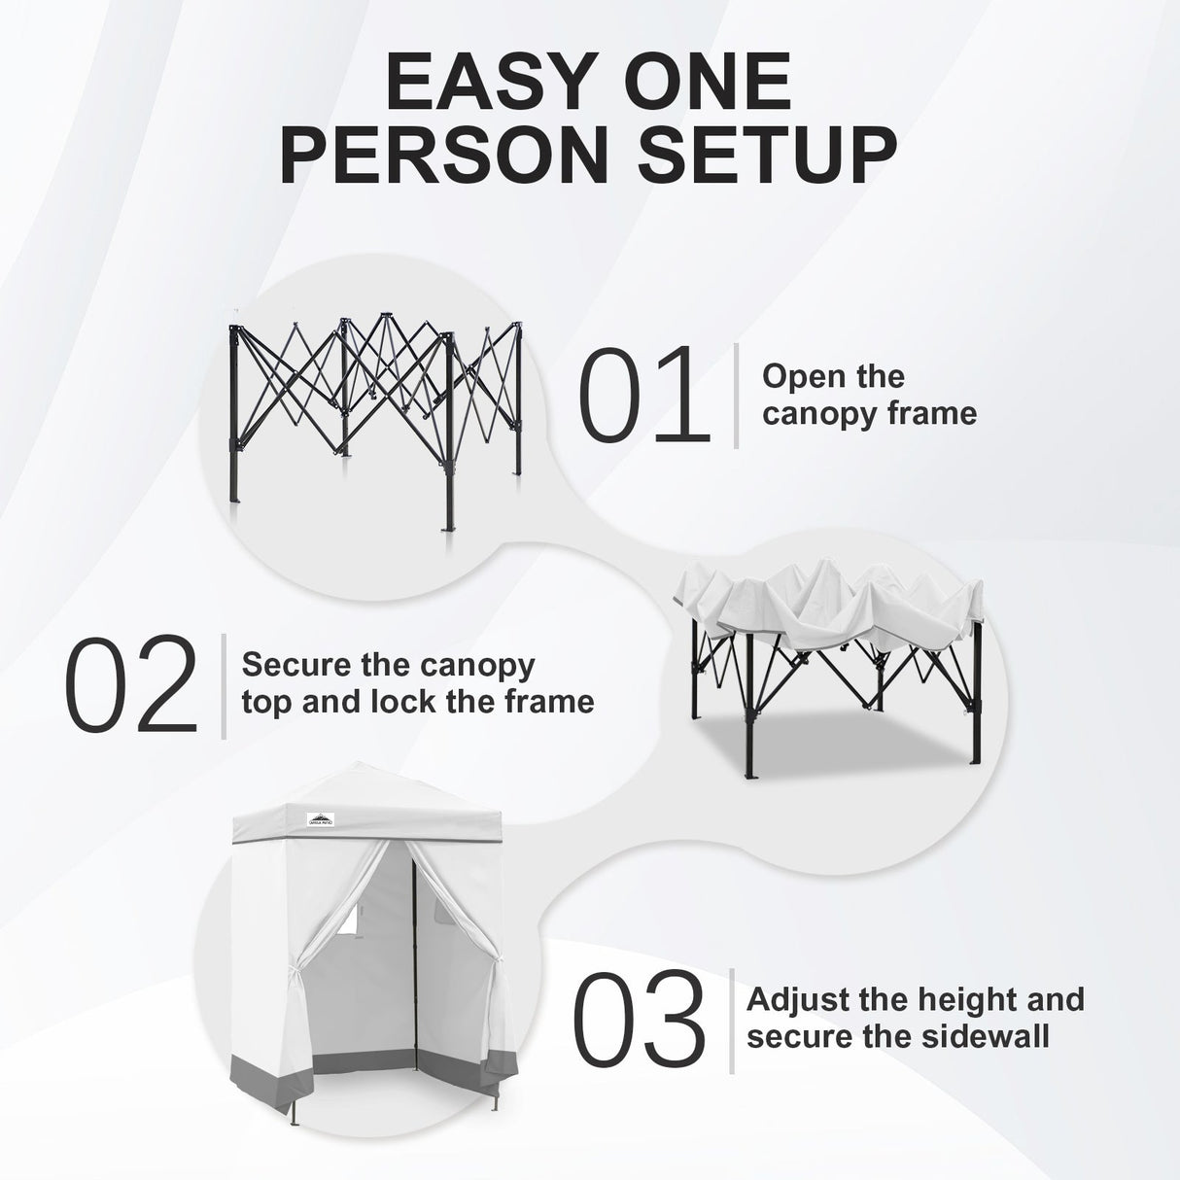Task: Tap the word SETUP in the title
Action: [765, 154]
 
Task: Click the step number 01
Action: [642, 397]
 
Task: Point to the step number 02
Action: [132, 686]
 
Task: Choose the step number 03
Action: [639, 1021]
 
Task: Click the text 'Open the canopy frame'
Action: [868, 395]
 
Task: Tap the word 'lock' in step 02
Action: [404, 702]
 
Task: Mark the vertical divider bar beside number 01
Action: [736, 396]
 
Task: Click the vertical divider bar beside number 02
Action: [224, 686]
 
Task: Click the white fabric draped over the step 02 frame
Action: [826, 607]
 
